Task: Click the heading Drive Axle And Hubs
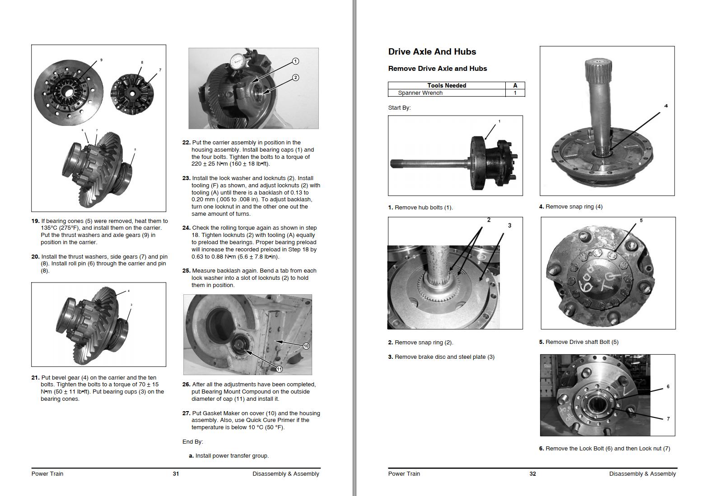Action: (x=432, y=52)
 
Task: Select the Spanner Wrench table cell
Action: (x=420, y=93)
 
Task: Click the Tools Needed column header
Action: (x=446, y=85)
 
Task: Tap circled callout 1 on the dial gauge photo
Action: (x=295, y=61)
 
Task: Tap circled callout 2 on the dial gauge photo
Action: (x=295, y=78)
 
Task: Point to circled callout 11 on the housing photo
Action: (x=279, y=369)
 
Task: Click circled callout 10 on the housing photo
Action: (x=306, y=346)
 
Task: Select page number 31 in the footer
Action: (x=176, y=474)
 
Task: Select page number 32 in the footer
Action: (x=532, y=474)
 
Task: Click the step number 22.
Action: (x=186, y=143)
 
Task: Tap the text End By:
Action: (x=192, y=442)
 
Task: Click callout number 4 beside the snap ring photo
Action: (x=666, y=106)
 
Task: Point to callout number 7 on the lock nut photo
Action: (x=668, y=419)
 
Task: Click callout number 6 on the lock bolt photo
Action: (x=668, y=387)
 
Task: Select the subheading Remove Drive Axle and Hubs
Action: (x=437, y=69)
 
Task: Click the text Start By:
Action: (x=399, y=108)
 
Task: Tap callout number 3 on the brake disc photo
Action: (x=509, y=226)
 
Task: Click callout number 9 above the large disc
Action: (x=101, y=60)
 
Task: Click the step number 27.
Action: (x=186, y=413)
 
